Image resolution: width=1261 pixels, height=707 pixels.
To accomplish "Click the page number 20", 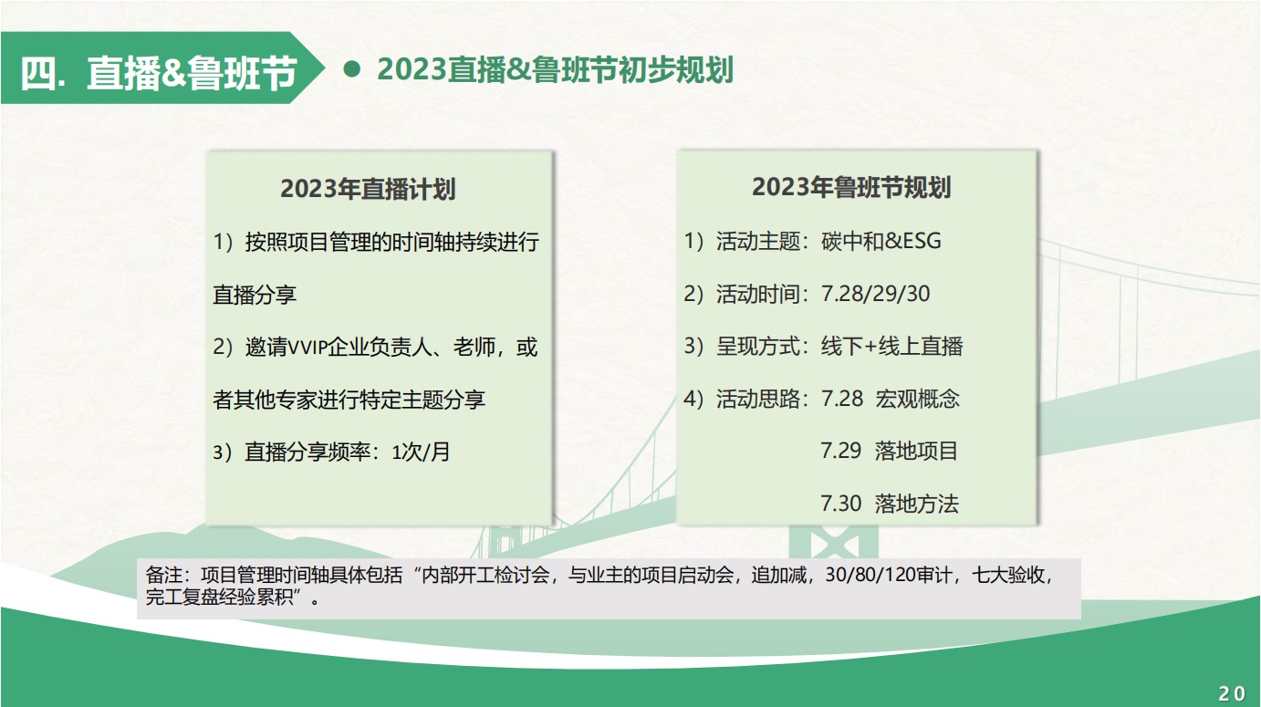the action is pyautogui.click(x=1232, y=693).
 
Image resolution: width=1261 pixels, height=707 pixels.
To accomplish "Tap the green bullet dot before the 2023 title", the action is pyautogui.click(x=352, y=69).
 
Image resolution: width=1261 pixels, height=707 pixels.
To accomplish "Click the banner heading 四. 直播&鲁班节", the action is pyautogui.click(x=158, y=73).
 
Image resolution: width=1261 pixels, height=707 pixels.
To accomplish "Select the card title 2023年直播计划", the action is pyautogui.click(x=368, y=189).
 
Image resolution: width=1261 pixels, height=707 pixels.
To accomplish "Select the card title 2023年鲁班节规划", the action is pyautogui.click(x=851, y=187).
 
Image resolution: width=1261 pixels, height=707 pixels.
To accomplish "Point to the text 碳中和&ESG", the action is pyautogui.click(x=881, y=241).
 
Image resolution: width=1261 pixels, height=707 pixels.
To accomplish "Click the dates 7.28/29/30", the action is pyautogui.click(x=875, y=294).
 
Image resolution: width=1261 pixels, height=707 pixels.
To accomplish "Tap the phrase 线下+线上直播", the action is pyautogui.click(x=892, y=346).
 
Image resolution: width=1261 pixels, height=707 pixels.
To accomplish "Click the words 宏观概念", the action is pyautogui.click(x=917, y=399).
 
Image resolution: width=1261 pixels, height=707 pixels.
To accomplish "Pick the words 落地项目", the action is pyautogui.click(x=916, y=451).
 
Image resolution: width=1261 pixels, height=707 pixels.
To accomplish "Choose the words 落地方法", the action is pyautogui.click(x=916, y=504).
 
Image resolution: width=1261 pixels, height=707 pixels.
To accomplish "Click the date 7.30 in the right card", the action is pyautogui.click(x=840, y=504).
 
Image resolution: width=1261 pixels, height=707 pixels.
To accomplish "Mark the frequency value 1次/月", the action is pyautogui.click(x=421, y=452).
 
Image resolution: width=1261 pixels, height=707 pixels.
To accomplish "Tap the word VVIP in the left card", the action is pyautogui.click(x=307, y=348).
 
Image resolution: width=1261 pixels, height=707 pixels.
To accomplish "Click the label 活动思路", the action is pyautogui.click(x=757, y=399).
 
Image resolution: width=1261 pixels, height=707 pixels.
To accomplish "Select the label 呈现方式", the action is pyautogui.click(x=757, y=346).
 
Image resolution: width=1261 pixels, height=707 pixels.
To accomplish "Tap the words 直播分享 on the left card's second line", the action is pyautogui.click(x=255, y=295).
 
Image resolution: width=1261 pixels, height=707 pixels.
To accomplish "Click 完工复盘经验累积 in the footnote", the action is pyautogui.click(x=220, y=597).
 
